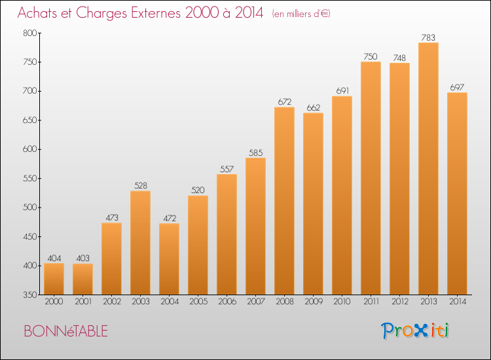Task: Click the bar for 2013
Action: [x=428, y=169]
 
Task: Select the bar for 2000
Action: [x=54, y=279]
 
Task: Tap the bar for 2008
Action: [x=284, y=201]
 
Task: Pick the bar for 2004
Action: [x=169, y=259]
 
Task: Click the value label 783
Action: [x=428, y=37]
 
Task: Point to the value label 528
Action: [x=141, y=186]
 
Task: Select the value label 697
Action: [x=457, y=87]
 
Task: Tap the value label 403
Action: [x=82, y=259]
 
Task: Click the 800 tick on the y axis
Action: [x=30, y=33]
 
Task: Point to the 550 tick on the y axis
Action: [x=30, y=179]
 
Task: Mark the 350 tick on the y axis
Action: [x=30, y=295]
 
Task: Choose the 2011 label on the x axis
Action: [x=371, y=302]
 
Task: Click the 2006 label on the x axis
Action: [x=227, y=302]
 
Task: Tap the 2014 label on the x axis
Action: [x=458, y=302]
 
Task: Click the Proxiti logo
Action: [x=415, y=331]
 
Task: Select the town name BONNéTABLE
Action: [x=65, y=331]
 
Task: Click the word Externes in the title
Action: [x=156, y=13]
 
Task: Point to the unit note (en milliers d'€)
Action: [x=301, y=14]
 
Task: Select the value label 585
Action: [x=255, y=153]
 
